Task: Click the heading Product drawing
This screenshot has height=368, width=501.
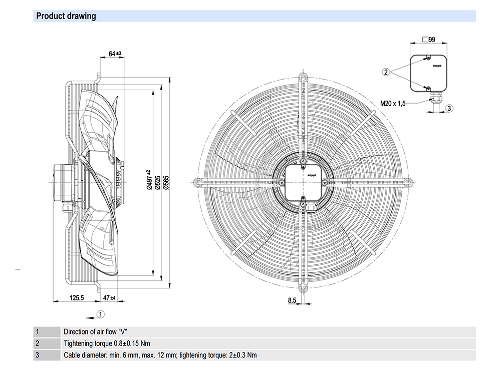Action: pos(66,16)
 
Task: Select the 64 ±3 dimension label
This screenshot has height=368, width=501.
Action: pos(115,54)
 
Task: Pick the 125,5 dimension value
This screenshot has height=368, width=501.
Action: pos(76,298)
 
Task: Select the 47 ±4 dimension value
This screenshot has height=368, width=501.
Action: pos(109,298)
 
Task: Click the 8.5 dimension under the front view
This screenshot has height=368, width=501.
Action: pos(292,300)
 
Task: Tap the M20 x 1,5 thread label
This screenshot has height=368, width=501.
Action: pos(392,104)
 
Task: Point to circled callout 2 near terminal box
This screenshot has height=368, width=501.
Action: pos(386,72)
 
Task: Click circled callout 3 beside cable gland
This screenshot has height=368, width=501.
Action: pos(449,108)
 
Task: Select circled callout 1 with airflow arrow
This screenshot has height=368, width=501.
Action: pos(100,314)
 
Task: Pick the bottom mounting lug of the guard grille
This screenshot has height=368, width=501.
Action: pos(302,287)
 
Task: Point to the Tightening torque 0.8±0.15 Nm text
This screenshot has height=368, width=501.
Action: pos(107,343)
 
